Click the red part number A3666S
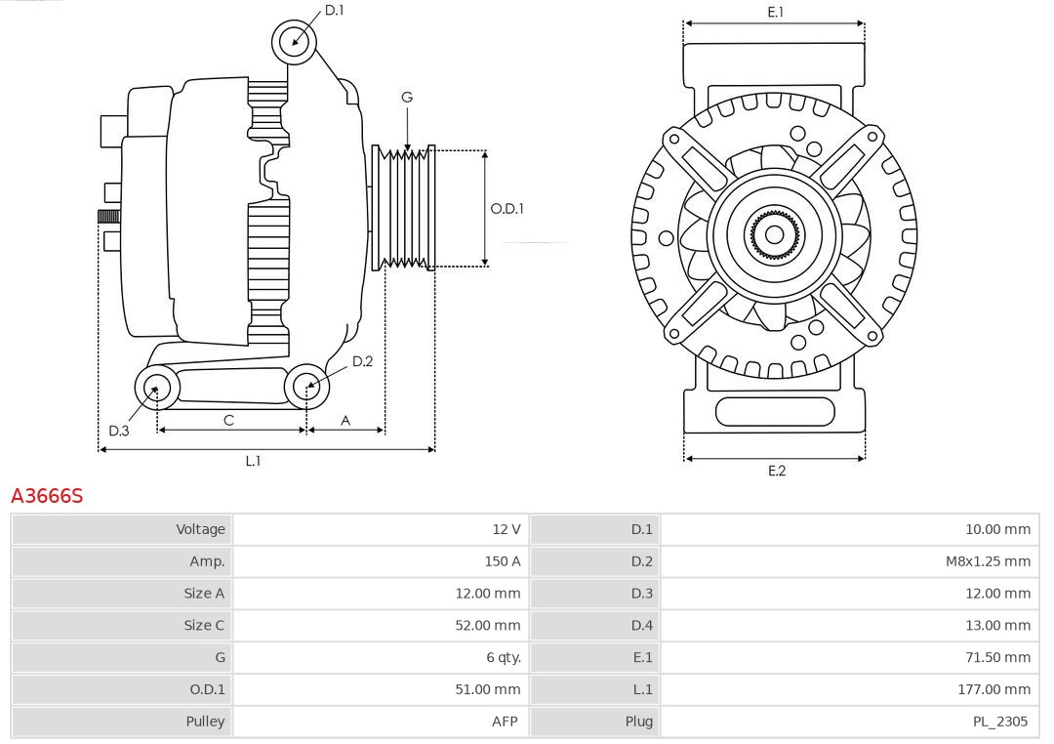[x=47, y=496]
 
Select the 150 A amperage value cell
[x=502, y=561]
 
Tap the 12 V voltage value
[x=506, y=529]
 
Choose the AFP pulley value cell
[x=505, y=722]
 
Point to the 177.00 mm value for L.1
[x=993, y=689]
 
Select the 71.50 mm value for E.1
[x=997, y=657]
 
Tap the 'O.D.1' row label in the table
[x=207, y=689]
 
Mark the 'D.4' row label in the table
[x=641, y=625]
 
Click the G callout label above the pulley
[x=407, y=97]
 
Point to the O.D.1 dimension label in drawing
[x=507, y=208]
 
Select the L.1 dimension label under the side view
[x=253, y=461]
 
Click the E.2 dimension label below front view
[x=776, y=471]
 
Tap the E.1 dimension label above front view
[x=776, y=12]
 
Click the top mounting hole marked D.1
[x=294, y=41]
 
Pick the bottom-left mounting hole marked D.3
[x=155, y=388]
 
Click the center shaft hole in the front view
[x=774, y=234]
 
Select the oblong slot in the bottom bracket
[x=775, y=411]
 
